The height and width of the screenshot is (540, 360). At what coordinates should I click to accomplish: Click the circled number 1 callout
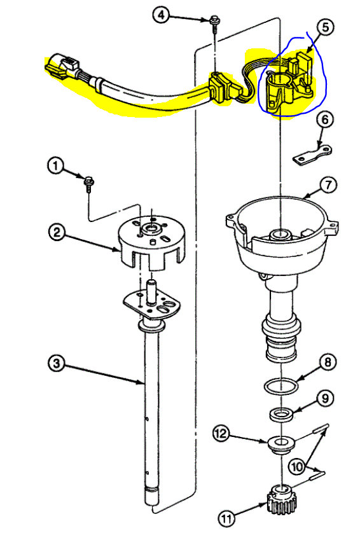pyautogui.click(x=55, y=167)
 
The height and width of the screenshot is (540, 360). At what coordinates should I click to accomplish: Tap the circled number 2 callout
pyautogui.click(x=57, y=232)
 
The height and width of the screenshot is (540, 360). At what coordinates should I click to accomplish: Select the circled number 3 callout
pyautogui.click(x=57, y=363)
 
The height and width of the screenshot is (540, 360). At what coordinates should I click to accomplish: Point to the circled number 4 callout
pyautogui.click(x=162, y=15)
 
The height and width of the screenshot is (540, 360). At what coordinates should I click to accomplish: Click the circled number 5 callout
pyautogui.click(x=325, y=27)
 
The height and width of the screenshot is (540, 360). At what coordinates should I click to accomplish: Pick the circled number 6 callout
pyautogui.click(x=325, y=120)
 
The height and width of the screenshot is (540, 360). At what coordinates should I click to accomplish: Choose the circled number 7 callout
pyautogui.click(x=328, y=185)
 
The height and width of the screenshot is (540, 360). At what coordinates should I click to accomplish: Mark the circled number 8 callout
pyautogui.click(x=328, y=362)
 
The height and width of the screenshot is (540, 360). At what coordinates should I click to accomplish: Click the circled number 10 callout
pyautogui.click(x=296, y=467)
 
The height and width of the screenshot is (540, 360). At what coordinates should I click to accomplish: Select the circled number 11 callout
pyautogui.click(x=226, y=518)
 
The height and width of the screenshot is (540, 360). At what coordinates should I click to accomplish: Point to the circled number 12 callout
pyautogui.click(x=221, y=433)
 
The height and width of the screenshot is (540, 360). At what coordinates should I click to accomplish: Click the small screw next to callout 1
pyautogui.click(x=89, y=184)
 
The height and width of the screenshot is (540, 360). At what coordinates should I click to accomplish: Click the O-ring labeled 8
pyautogui.click(x=280, y=386)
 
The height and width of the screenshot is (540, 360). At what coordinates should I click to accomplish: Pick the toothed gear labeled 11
pyautogui.click(x=282, y=499)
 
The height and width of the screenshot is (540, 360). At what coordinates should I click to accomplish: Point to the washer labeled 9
pyautogui.click(x=282, y=414)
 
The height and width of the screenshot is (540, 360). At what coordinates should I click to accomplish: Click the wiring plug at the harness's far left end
pyautogui.click(x=62, y=67)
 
